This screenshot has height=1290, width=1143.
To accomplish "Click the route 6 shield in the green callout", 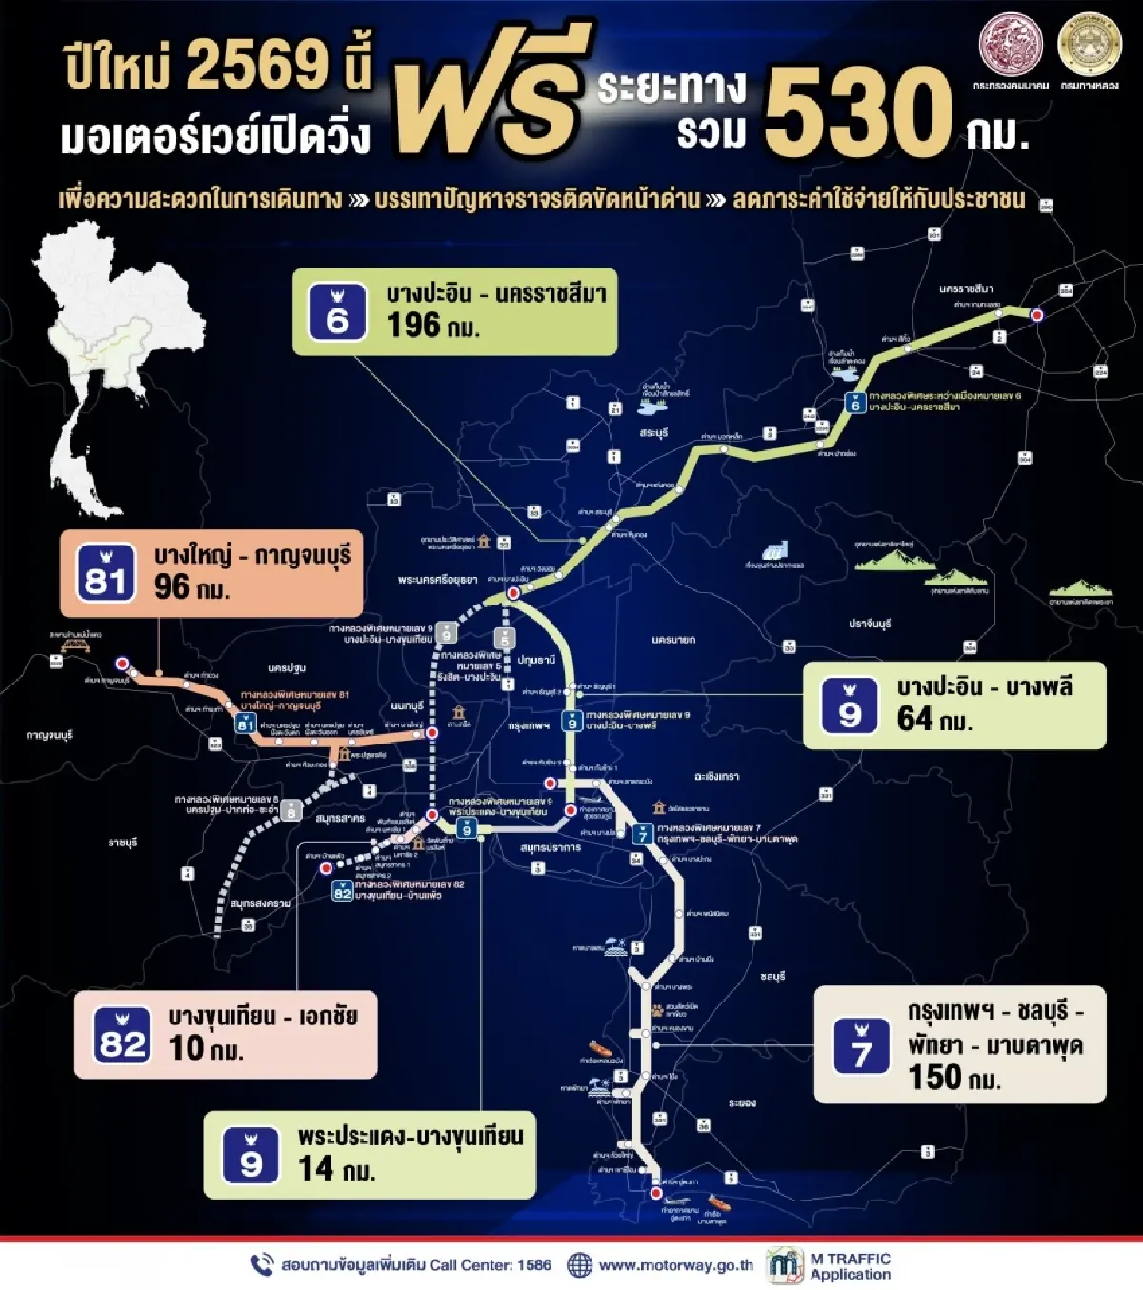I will [336, 311].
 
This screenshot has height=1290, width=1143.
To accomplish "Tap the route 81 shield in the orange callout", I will [105, 573].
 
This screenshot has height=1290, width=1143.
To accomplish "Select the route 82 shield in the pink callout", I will [122, 1036].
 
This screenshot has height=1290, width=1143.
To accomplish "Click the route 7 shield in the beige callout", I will [861, 1045].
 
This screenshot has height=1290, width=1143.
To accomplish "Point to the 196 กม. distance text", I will [432, 326].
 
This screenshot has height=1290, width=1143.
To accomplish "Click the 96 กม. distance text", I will [191, 587].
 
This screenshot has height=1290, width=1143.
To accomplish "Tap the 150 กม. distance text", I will [953, 1078].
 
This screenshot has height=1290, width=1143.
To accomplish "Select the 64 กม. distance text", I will [933, 719].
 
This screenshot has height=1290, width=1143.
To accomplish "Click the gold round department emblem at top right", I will [1090, 45].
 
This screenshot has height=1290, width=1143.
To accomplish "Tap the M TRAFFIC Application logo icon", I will [785, 1265].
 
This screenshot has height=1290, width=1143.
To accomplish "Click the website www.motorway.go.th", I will [675, 1265].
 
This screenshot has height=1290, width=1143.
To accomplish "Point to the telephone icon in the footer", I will [261, 1264].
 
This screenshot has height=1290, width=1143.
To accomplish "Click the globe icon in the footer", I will [579, 1265].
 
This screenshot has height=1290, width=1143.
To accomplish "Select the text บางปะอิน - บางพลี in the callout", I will [984, 686].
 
